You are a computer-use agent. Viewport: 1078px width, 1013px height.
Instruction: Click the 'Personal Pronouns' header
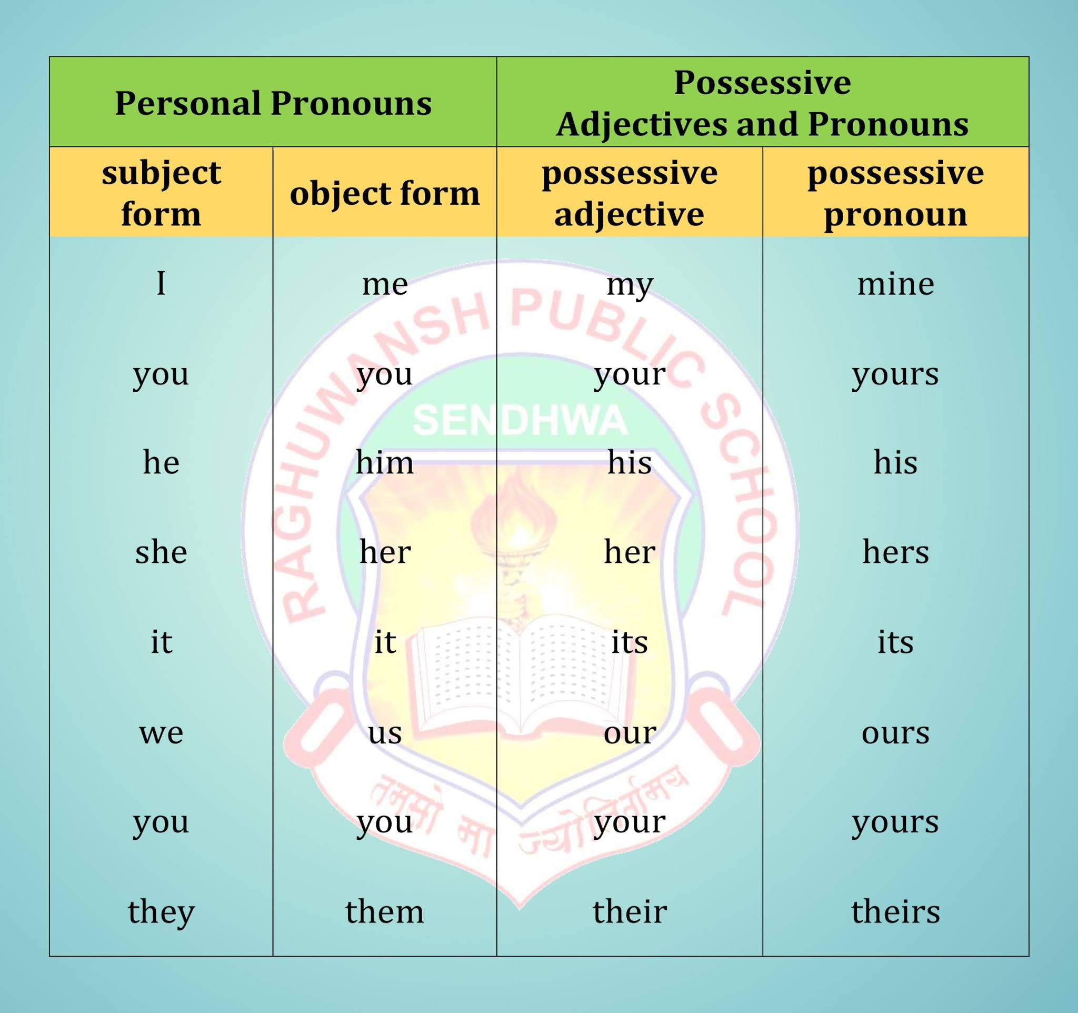pyautogui.click(x=273, y=103)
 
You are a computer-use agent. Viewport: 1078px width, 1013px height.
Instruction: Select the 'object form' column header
pyautogui.click(x=384, y=193)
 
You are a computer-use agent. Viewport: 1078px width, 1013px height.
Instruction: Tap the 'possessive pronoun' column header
pyautogui.click(x=895, y=193)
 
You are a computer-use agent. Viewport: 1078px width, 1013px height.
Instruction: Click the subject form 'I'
pyautogui.click(x=161, y=284)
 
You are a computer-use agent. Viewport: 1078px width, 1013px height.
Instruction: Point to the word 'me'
pyautogui.click(x=384, y=284)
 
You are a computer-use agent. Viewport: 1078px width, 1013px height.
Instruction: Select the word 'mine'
pyautogui.click(x=895, y=284)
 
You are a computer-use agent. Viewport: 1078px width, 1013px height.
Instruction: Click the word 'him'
pyautogui.click(x=384, y=463)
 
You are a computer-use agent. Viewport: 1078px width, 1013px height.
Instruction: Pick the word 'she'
pyautogui.click(x=161, y=553)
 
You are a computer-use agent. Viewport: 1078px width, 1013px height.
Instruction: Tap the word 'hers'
pyautogui.click(x=895, y=553)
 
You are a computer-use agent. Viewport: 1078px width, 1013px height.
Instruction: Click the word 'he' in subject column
pyautogui.click(x=161, y=463)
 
